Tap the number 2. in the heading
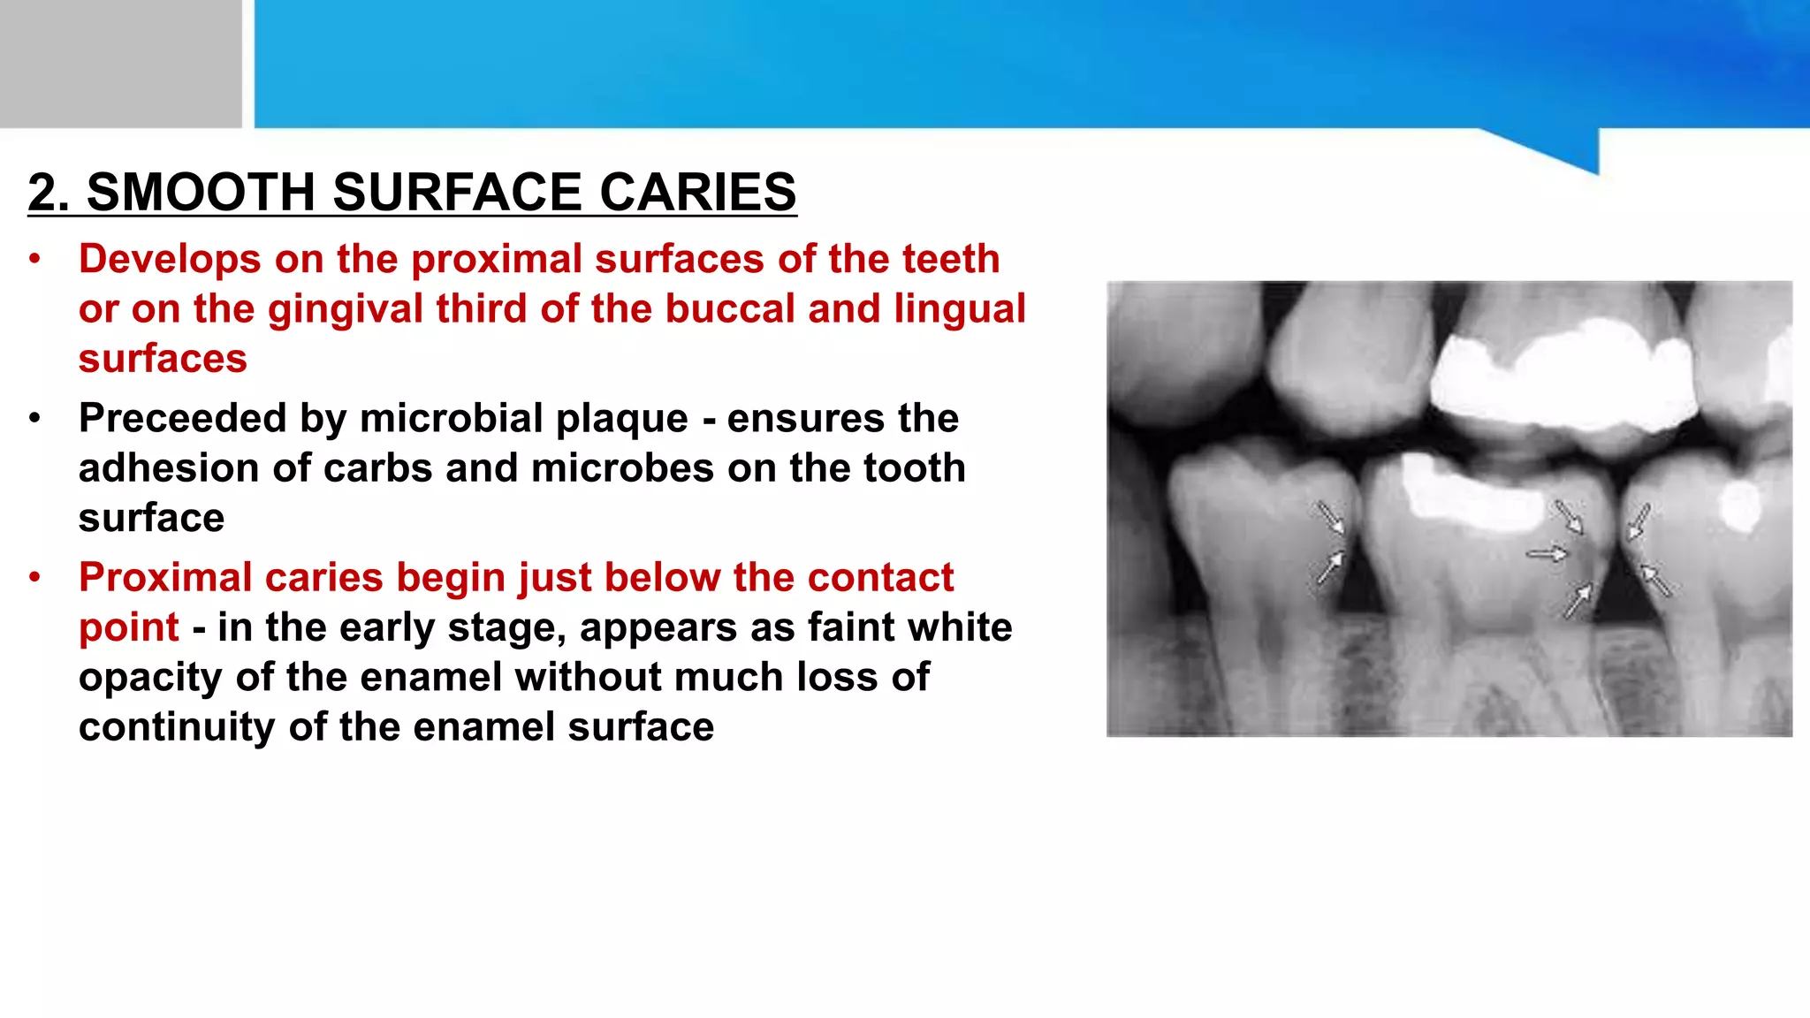pyautogui.click(x=49, y=193)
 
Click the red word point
pyautogui.click(x=129, y=628)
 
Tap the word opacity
pyautogui.click(x=150, y=678)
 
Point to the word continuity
pyautogui.click(x=176, y=727)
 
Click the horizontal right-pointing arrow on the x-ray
pyautogui.click(x=1546, y=554)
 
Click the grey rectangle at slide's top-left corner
pyautogui.click(x=120, y=64)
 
